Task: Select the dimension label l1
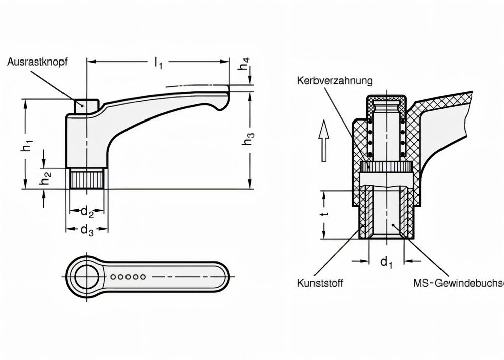(x=158, y=63)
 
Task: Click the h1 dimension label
(x=26, y=146)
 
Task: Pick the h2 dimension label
(x=45, y=177)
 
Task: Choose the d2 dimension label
(x=87, y=212)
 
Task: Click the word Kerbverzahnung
(x=335, y=81)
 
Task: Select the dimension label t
(x=325, y=214)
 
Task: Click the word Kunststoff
(x=320, y=283)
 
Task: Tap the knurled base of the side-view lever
(x=87, y=179)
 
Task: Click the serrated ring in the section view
(x=387, y=167)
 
